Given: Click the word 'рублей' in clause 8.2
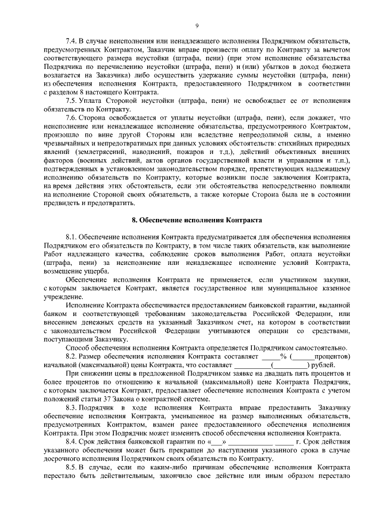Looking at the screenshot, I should (x=323, y=365).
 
